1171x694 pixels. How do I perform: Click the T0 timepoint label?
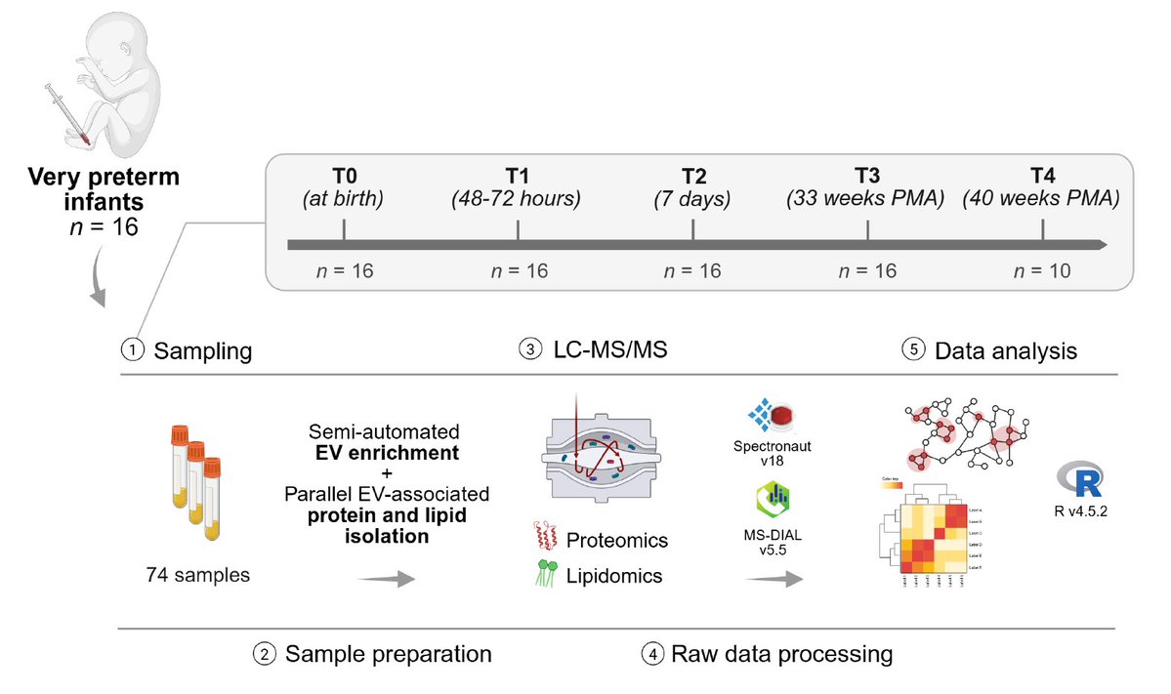pos(344,175)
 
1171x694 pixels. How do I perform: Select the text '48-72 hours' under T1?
pos(517,199)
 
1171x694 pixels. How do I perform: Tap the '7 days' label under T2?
pos(692,199)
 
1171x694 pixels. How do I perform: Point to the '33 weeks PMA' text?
pos(867,199)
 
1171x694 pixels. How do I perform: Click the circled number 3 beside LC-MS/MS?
pos(530,350)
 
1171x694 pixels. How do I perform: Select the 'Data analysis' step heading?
pos(1006,350)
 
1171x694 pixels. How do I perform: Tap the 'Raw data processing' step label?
pos(781,653)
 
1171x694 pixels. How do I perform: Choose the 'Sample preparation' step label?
pos(388,653)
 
